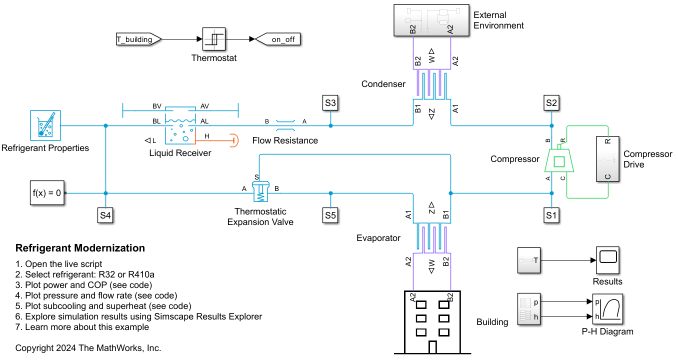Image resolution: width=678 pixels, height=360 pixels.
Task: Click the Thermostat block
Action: pos(214,39)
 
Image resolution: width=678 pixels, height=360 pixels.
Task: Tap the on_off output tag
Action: pos(279,39)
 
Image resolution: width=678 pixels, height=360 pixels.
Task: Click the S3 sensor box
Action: pos(330,103)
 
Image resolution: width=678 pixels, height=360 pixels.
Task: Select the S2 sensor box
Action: pos(551,103)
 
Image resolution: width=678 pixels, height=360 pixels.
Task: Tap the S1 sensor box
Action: pos(551,215)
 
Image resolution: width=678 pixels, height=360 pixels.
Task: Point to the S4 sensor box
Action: pos(105,215)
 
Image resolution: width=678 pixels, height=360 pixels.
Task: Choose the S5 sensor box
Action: pos(330,215)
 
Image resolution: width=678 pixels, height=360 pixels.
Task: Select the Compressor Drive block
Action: pos(607,159)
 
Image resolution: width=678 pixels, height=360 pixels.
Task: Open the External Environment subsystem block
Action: pos(431,20)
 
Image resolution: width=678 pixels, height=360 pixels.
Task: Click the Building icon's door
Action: pos(432,346)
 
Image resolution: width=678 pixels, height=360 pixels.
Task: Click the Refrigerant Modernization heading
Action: pos(80,248)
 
